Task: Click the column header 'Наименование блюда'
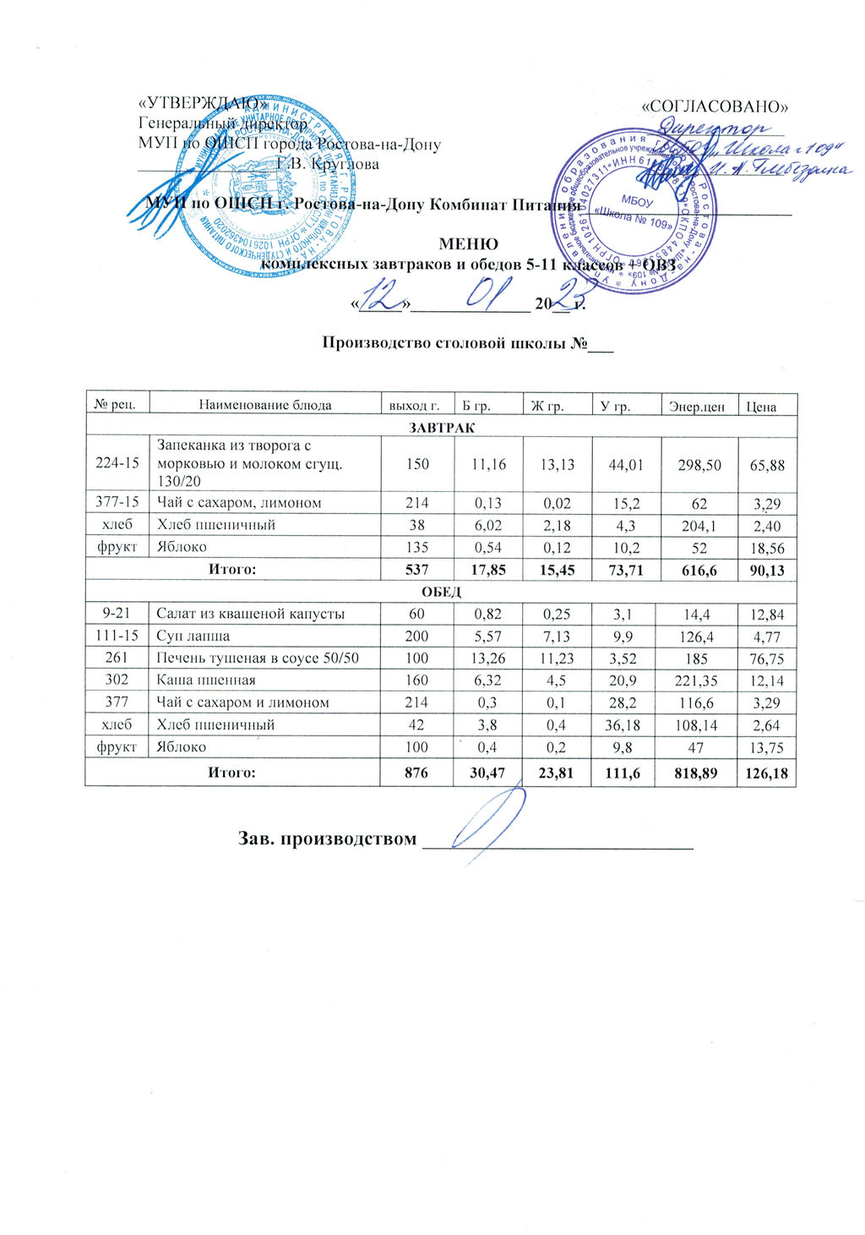265,405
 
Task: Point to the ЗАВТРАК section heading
441,428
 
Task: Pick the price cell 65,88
767,464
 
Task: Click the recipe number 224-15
117,464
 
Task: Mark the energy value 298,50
699,464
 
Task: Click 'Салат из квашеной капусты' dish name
251,614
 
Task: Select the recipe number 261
117,658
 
